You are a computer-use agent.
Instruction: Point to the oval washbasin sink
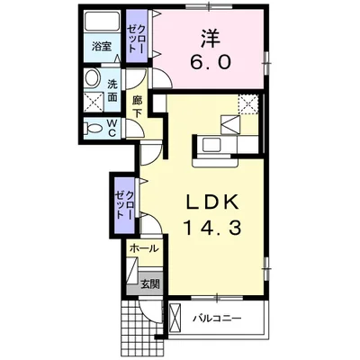tap(92, 81)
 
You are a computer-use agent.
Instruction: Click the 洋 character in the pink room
tap(209, 40)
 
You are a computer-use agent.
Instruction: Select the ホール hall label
tap(143, 247)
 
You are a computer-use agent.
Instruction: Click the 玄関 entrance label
tap(149, 283)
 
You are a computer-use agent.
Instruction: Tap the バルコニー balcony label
tap(218, 318)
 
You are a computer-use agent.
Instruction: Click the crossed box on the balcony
tap(175, 318)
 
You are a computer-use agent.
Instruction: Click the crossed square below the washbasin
tap(92, 105)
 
